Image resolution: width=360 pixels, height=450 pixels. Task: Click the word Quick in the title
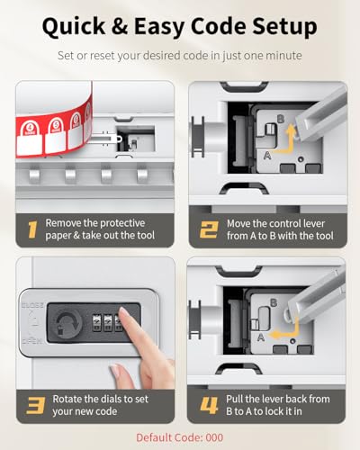[74, 27]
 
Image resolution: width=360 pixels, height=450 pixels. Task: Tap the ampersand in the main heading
[120, 26]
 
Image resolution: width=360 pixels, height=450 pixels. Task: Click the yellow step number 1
[32, 229]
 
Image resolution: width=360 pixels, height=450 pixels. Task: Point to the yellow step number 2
[209, 229]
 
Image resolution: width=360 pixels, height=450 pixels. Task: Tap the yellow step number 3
[35, 406]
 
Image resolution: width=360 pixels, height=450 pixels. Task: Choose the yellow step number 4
[209, 406]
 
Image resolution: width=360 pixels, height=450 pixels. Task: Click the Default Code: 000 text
[179, 437]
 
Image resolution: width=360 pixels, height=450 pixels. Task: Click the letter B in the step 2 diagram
[281, 119]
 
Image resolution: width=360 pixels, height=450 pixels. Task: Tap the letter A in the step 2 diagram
[267, 156]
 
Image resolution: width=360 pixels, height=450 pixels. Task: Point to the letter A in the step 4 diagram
[261, 337]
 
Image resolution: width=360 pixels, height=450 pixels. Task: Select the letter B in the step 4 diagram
[274, 302]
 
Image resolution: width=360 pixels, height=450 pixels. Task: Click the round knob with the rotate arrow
[66, 323]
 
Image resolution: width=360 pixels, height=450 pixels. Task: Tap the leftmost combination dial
[96, 323]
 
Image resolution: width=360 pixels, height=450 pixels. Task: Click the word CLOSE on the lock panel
[32, 305]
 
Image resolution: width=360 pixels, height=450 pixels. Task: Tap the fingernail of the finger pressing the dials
[124, 313]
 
